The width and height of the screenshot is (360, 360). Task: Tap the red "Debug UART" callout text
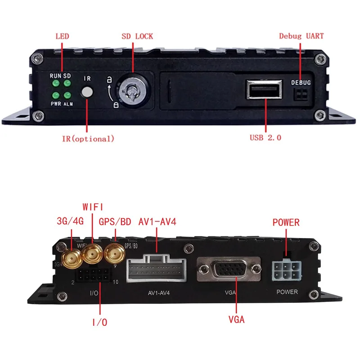[x=301, y=36]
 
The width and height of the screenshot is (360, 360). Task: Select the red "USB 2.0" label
[x=265, y=138]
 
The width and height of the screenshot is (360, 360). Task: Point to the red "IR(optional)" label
[x=88, y=139]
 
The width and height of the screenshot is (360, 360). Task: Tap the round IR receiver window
[x=87, y=92]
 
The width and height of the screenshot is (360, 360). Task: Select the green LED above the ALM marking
[x=67, y=95]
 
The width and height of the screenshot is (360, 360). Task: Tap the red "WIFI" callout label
[x=93, y=207]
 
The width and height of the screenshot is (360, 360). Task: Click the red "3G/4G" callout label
[x=71, y=221]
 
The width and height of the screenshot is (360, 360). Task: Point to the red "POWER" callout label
[x=286, y=223]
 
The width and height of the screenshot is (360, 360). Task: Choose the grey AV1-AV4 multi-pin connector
[x=157, y=270]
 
